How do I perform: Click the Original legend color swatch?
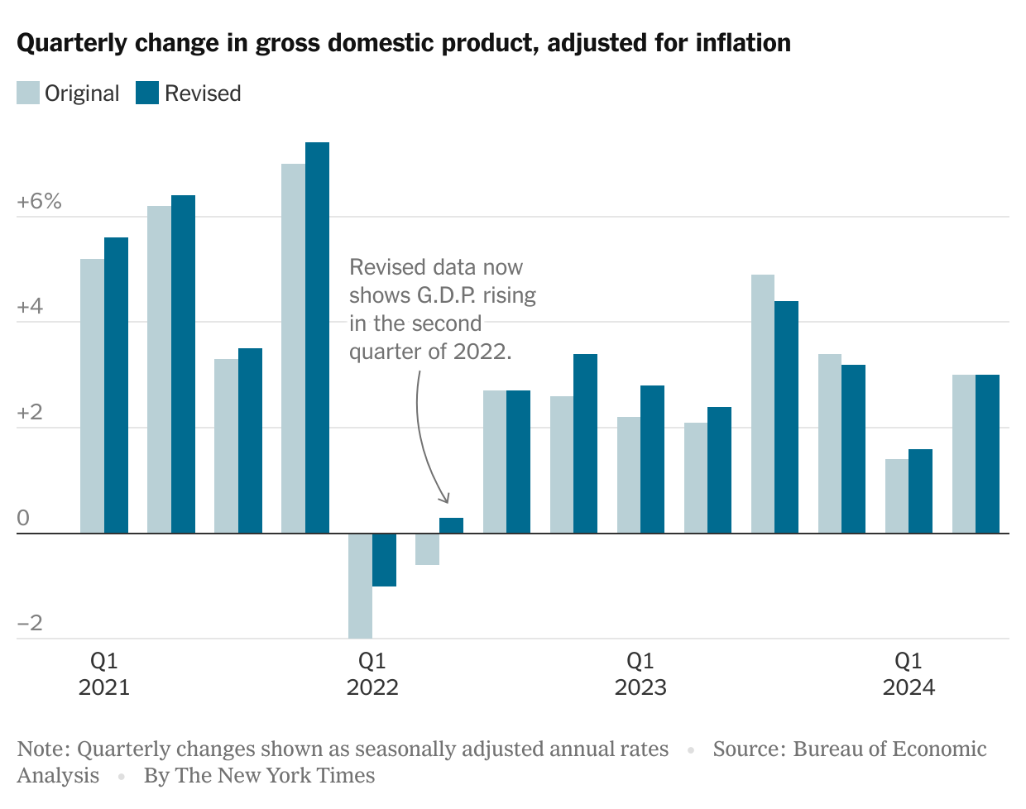pos(28,93)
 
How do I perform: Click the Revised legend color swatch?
pos(147,93)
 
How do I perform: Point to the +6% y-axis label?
pos(39,201)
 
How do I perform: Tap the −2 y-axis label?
pos(30,623)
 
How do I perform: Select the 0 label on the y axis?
pos(23,518)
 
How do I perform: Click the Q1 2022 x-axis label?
pos(372,673)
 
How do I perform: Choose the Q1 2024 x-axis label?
pos(909,673)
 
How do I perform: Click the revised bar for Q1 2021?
pos(116,385)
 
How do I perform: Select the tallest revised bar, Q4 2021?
pos(317,337)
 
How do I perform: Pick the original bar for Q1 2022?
pos(360,586)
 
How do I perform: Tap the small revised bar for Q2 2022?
pos(451,525)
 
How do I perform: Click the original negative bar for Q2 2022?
pos(427,549)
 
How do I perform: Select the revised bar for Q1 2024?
pos(920,491)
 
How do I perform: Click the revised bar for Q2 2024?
pos(987,454)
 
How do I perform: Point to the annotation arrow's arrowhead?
pos(446,500)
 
